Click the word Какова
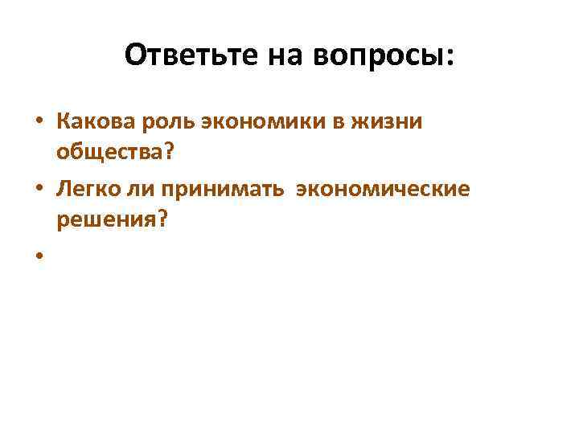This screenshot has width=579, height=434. click(x=95, y=122)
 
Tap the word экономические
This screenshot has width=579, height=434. click(x=384, y=189)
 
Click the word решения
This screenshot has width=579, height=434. click(x=101, y=219)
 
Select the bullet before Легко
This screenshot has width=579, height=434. click(x=39, y=190)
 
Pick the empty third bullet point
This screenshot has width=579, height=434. click(x=39, y=256)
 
